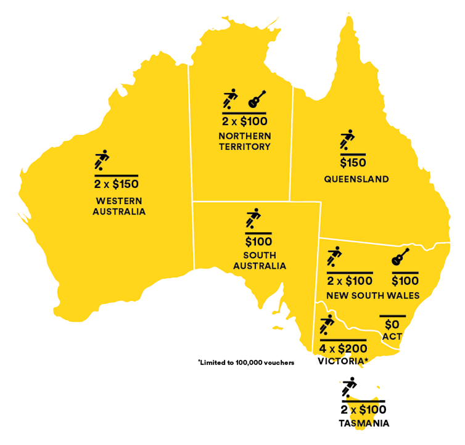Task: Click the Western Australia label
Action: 119,206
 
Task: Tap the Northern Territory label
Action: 244,141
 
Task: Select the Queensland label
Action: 356,179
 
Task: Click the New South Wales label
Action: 372,296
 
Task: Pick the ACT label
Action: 392,337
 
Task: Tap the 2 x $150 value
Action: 116,184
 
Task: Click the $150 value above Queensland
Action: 353,163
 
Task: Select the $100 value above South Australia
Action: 258,242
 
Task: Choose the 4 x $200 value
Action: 343,349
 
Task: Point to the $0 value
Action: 392,324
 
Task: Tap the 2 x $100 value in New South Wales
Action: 350,281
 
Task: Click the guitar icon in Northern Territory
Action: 257,99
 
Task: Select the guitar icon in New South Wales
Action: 401,257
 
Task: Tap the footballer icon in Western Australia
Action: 102,160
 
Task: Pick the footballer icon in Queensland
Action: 347,140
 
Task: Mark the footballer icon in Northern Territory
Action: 229,99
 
